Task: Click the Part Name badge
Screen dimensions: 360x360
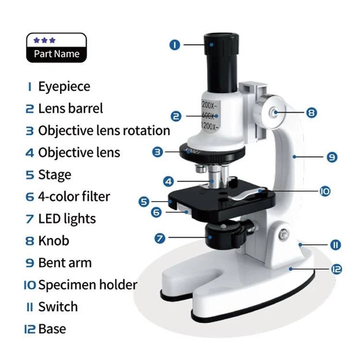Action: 56,48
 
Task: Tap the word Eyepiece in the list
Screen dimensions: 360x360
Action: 64,87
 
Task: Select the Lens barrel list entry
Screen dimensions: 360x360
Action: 70,108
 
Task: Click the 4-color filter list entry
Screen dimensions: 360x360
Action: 74,197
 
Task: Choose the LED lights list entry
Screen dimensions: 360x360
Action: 67,219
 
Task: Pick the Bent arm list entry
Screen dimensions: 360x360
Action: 64,263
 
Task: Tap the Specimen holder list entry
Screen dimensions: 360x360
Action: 87,285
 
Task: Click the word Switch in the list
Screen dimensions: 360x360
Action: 58,307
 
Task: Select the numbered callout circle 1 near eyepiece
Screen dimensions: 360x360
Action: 175,45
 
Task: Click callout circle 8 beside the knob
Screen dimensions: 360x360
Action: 311,113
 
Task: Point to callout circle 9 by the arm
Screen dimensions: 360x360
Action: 332,157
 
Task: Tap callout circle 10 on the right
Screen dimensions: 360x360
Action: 325,191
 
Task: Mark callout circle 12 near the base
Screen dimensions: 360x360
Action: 336,269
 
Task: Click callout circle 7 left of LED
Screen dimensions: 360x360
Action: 161,237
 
